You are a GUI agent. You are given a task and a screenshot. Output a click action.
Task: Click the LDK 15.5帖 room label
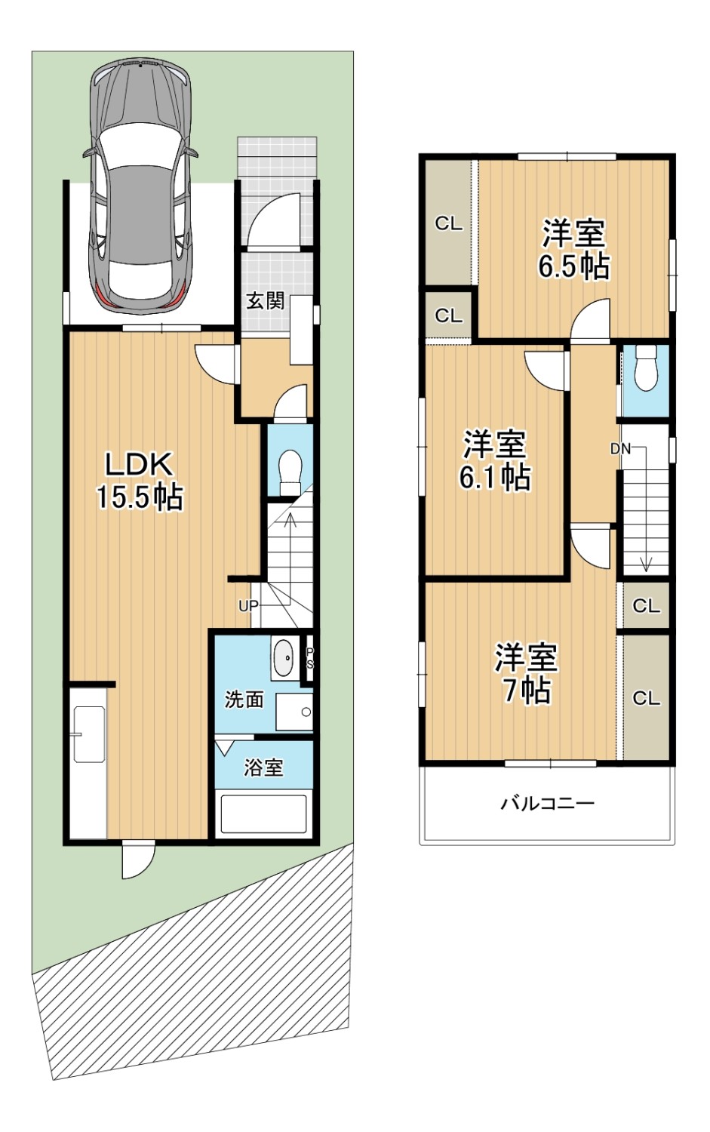click(x=140, y=481)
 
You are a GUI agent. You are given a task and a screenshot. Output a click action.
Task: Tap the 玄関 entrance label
click(x=266, y=301)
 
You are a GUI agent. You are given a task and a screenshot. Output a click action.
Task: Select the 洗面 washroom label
click(x=244, y=700)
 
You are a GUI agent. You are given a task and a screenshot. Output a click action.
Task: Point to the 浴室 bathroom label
click(x=264, y=767)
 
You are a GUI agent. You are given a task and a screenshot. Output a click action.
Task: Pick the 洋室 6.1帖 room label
click(x=495, y=460)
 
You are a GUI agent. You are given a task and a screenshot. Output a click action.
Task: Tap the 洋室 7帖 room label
click(x=526, y=674)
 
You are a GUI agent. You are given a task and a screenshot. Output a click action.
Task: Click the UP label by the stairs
click(x=248, y=606)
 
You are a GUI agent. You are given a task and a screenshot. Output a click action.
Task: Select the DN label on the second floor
click(x=620, y=448)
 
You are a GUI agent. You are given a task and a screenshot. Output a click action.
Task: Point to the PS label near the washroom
click(x=309, y=659)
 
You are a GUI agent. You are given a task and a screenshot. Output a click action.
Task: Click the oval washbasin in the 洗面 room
click(x=284, y=659)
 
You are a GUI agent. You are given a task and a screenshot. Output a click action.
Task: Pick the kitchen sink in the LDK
click(x=90, y=734)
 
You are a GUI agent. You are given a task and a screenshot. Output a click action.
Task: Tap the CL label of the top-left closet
click(x=449, y=223)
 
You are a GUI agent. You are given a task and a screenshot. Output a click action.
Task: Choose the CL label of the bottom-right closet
click(x=647, y=698)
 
